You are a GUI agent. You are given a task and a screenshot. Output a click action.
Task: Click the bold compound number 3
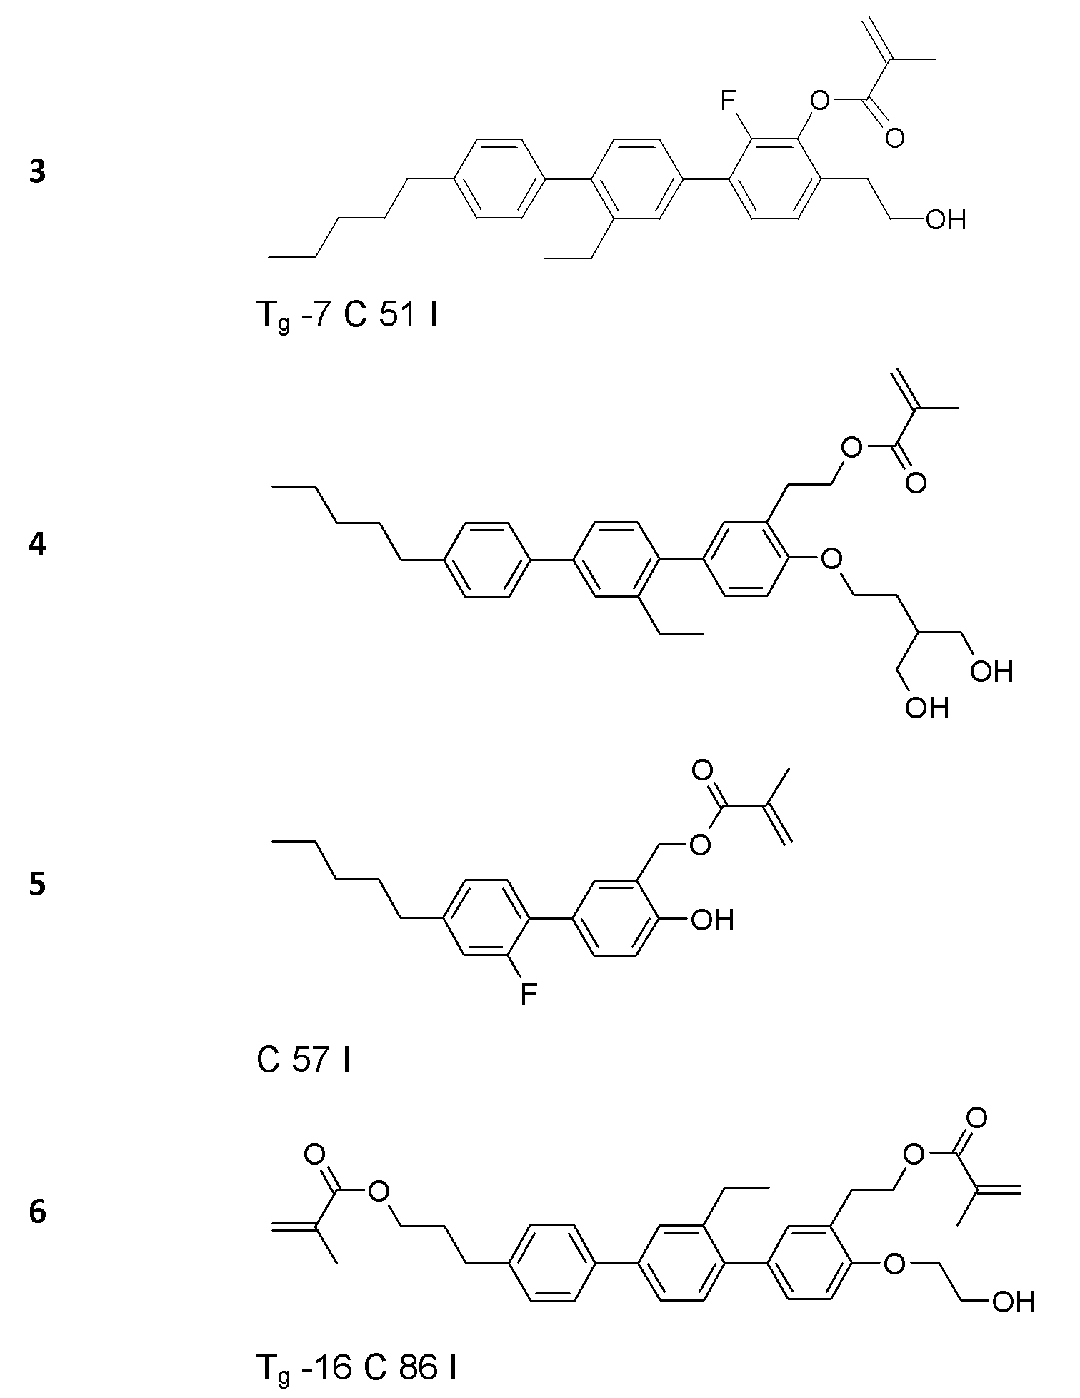coord(37,173)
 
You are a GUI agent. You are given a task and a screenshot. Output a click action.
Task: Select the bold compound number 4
coord(37,545)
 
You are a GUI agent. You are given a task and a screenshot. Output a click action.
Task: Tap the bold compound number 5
coord(37,884)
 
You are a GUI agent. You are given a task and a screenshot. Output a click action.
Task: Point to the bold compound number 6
coord(37,1212)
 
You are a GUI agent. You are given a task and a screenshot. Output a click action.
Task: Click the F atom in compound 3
coord(728,102)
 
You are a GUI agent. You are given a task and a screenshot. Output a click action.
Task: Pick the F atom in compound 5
coord(528,993)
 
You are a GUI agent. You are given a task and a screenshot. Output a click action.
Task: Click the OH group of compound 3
coord(946,220)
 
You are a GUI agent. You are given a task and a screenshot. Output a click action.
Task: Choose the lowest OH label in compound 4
coord(927,707)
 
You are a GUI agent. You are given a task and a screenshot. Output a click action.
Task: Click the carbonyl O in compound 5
coord(703,770)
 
